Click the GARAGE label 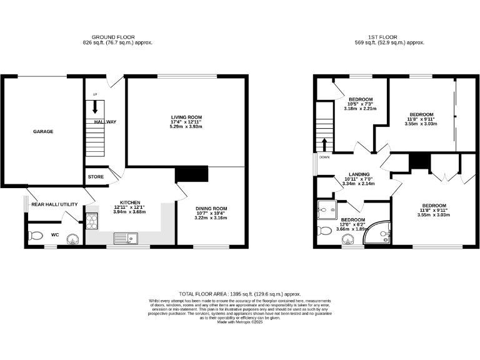pos(43,132)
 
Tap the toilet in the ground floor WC pos(36,236)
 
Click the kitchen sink pos(126,237)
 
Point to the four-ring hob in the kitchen pos(92,221)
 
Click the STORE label pos(96,177)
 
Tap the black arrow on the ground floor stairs pos(96,107)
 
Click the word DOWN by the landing pos(324,157)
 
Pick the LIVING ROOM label pos(187,117)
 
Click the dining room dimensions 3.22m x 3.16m pos(211,218)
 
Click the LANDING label pos(359,174)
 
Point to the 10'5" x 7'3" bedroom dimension pos(360,104)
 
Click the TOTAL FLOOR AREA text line pos(240,293)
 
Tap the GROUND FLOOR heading pos(113,37)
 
